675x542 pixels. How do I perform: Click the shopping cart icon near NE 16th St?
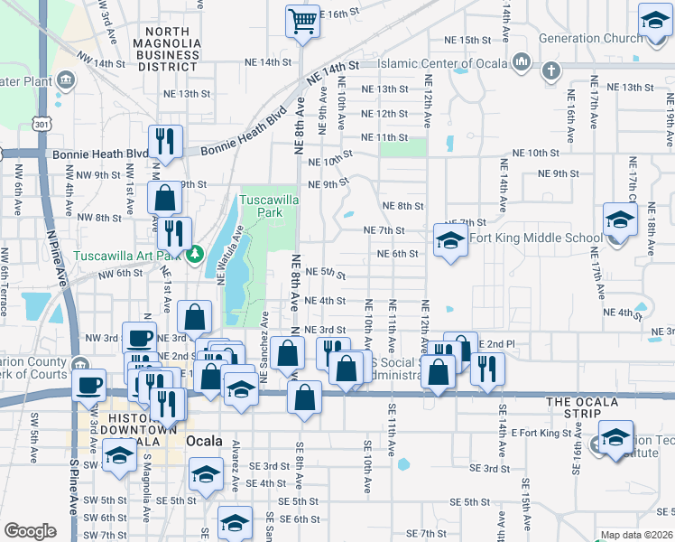tap(303, 20)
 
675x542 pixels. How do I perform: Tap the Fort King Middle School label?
tap(535, 238)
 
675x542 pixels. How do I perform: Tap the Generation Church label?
tap(590, 39)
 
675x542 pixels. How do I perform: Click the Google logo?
tap(30, 531)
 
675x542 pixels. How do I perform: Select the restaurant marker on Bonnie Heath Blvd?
tap(166, 140)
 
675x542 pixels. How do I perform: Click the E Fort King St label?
tap(541, 434)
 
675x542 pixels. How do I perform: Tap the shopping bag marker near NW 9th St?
tap(166, 198)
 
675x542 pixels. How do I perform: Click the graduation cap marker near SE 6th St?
tap(235, 523)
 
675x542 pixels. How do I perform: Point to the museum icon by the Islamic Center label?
tap(521, 61)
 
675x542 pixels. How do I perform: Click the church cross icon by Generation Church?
tap(550, 70)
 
